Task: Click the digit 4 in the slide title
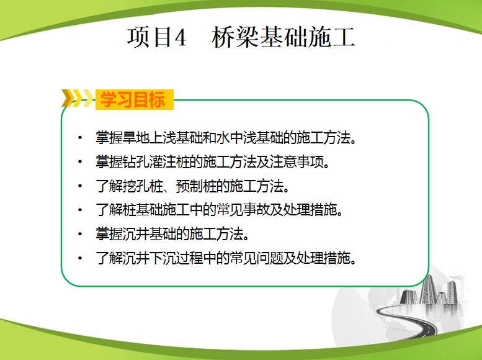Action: (180, 37)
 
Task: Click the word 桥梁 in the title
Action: (235, 37)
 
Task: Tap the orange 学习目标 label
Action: (133, 99)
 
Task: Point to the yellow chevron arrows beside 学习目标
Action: (78, 98)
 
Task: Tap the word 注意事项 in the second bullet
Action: (297, 161)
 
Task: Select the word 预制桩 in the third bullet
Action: (196, 186)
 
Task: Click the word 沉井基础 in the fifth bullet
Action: (149, 234)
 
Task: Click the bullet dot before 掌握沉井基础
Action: (80, 234)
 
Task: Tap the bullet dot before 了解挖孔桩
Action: (80, 186)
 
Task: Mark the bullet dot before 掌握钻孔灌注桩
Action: (80, 161)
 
